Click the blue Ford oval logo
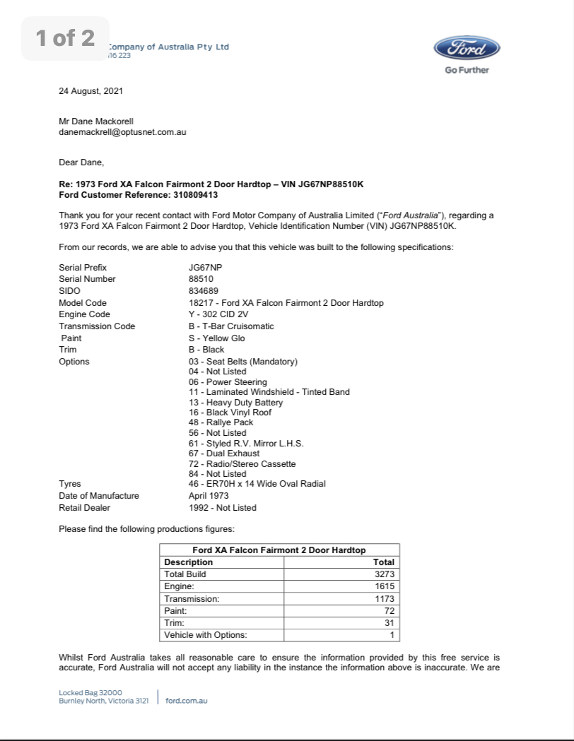point(467,49)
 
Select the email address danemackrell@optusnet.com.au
point(122,131)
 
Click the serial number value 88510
point(200,279)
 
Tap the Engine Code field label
point(84,314)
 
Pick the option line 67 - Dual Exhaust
point(224,454)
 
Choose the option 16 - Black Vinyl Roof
point(230,413)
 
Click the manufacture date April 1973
point(209,496)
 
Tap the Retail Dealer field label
point(84,507)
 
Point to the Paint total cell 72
point(389,610)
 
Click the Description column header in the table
point(188,562)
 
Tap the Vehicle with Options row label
point(206,634)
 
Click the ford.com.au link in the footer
point(186,701)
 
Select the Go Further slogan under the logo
point(467,70)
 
